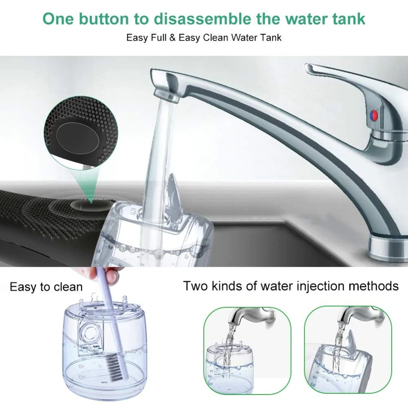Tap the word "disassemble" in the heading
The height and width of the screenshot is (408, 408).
[202, 19]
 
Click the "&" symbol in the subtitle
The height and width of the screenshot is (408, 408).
[172, 38]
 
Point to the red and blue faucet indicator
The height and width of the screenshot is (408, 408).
[373, 115]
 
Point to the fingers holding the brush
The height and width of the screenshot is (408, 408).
[104, 273]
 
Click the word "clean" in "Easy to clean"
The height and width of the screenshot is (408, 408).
[68, 287]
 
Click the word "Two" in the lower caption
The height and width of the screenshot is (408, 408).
[195, 286]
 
